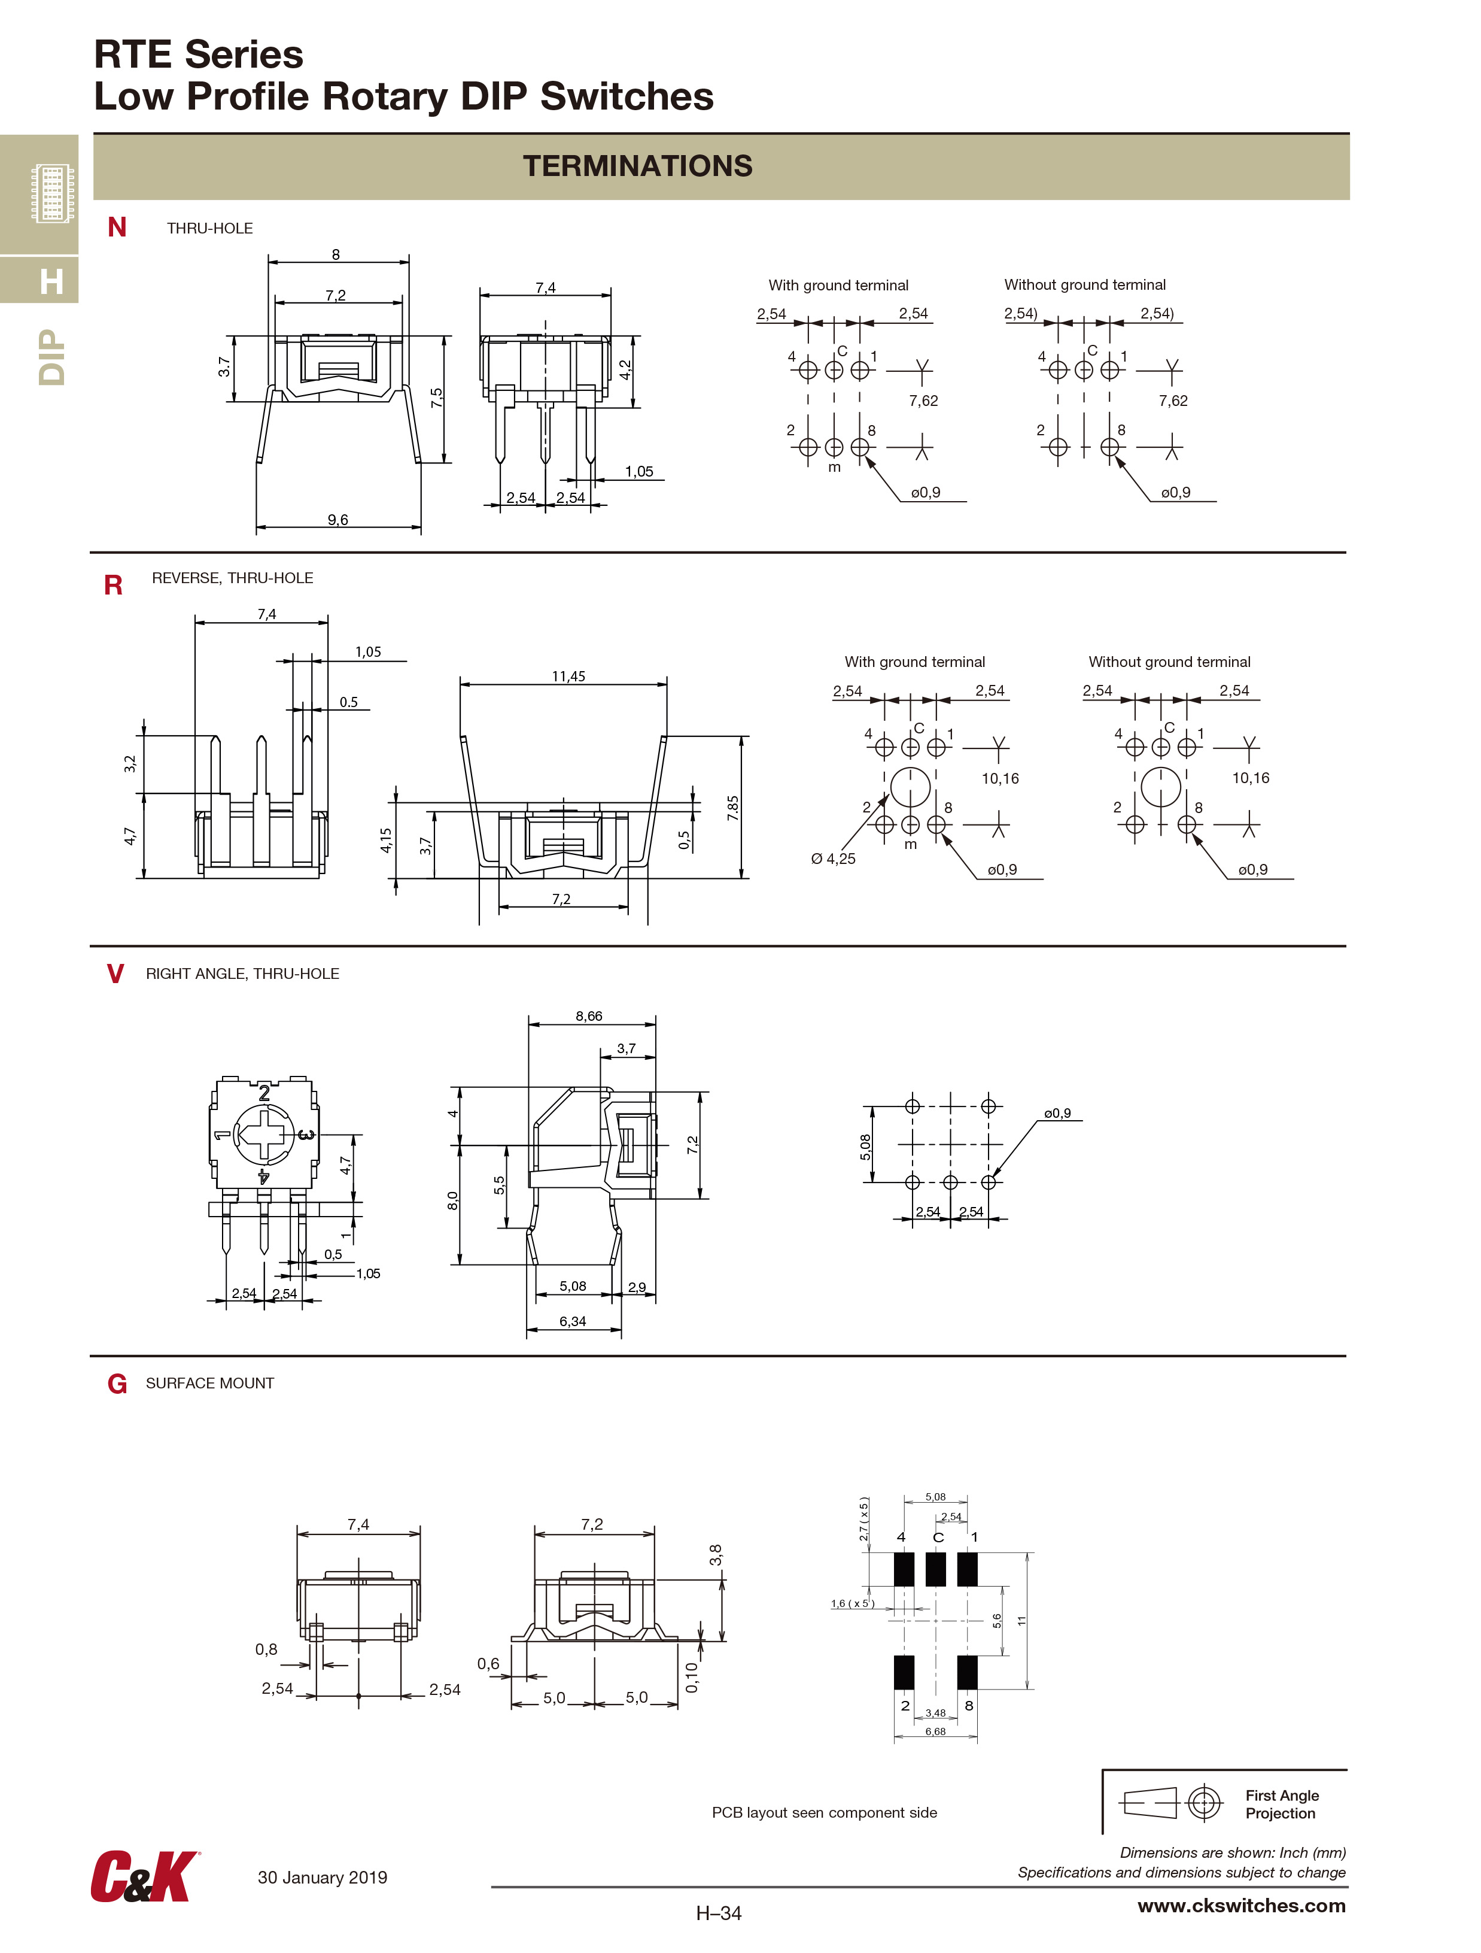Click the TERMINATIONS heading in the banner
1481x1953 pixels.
click(x=637, y=166)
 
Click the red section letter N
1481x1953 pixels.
click(x=117, y=228)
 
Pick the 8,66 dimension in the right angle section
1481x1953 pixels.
click(x=589, y=1016)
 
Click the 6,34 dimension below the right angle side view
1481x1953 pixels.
click(x=572, y=1322)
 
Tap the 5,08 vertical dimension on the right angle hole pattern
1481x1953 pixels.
click(x=865, y=1146)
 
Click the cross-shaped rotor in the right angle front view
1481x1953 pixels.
click(x=263, y=1135)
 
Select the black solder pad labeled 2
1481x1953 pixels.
click(x=904, y=1672)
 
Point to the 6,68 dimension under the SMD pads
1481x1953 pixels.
click(x=935, y=1731)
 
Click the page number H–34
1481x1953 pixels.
click(x=719, y=1913)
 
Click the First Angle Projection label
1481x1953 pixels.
click(x=1282, y=1804)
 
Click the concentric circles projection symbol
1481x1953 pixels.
click(x=1204, y=1802)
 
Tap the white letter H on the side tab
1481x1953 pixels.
click(x=51, y=281)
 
